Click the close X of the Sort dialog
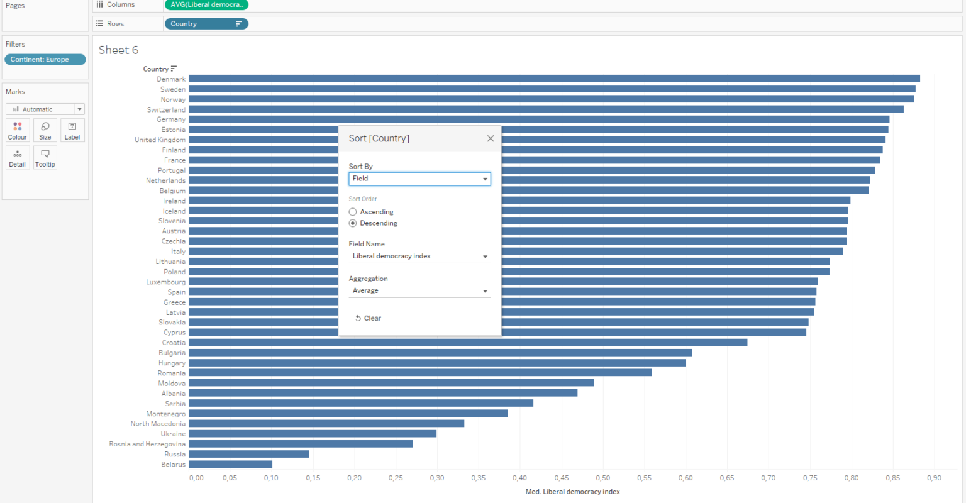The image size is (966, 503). click(491, 138)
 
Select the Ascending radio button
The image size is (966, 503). click(353, 212)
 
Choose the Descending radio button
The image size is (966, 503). click(353, 223)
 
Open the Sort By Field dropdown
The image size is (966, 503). click(419, 179)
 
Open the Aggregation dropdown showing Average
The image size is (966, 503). click(419, 291)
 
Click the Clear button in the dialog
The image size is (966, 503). click(369, 318)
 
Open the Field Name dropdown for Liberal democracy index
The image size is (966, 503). click(419, 257)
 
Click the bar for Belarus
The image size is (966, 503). click(230, 464)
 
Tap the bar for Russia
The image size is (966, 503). click(249, 454)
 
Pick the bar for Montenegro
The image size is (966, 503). click(348, 414)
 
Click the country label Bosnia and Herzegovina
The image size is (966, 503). click(147, 444)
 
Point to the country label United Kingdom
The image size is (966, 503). click(160, 140)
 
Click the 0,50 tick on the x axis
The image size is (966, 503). click(602, 478)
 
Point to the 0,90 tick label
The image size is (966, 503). click(934, 478)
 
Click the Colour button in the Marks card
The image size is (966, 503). click(18, 130)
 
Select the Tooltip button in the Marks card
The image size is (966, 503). click(45, 157)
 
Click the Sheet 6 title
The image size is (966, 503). click(118, 50)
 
